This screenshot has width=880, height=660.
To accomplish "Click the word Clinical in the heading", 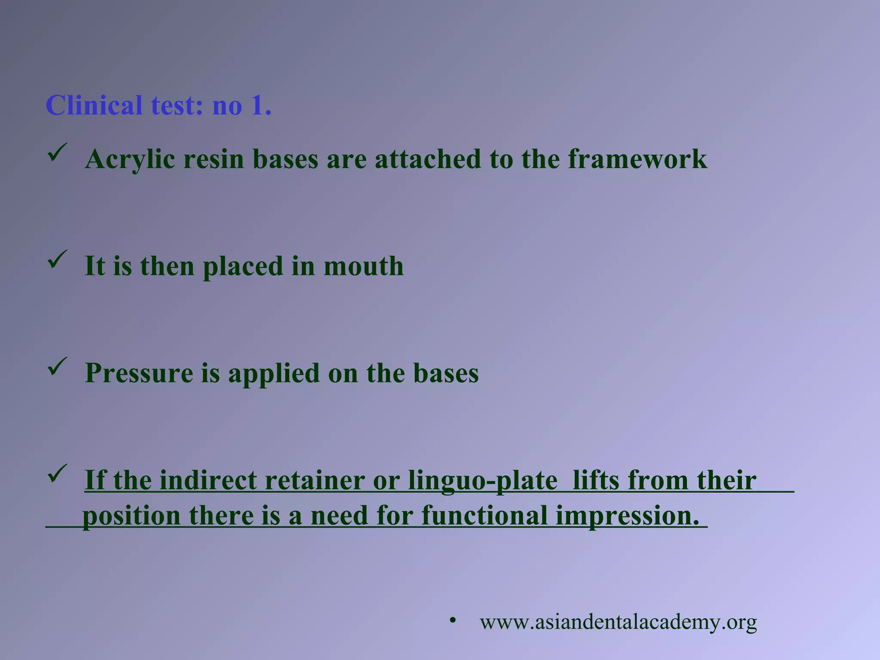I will (94, 106).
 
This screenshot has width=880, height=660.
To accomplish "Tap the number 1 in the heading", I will (260, 106).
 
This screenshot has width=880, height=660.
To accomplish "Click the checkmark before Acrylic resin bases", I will (57, 153).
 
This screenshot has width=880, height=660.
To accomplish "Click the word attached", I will (428, 159).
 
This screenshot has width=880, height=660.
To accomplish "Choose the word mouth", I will (364, 266).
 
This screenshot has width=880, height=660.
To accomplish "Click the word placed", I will (242, 267).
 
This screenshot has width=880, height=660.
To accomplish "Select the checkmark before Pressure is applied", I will (57, 366).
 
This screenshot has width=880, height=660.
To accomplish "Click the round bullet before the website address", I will (452, 620).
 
